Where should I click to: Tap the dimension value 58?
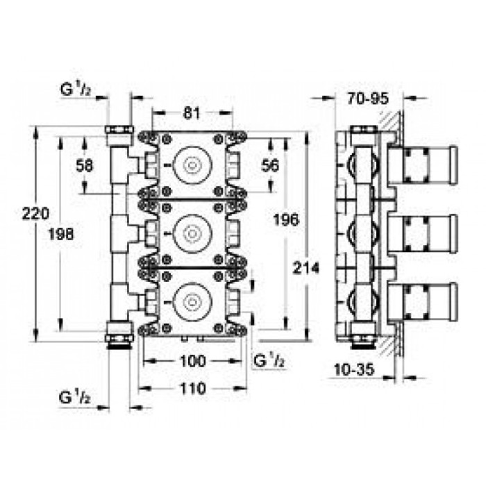coord(85,167)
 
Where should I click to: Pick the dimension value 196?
coord(286,220)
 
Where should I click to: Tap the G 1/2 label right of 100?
coord(269,360)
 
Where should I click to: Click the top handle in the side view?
coord(423,165)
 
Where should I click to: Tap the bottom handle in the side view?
coord(423,302)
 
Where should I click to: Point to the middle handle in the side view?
coord(423,234)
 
